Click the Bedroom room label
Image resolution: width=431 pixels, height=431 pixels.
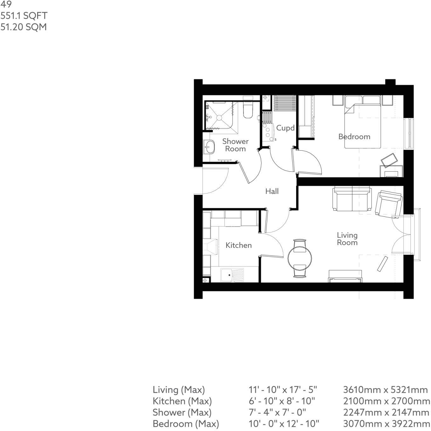tap(354, 136)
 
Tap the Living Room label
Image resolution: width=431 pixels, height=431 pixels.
tap(347, 239)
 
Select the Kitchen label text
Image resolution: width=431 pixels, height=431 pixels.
tap(238, 245)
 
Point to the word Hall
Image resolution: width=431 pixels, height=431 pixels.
tap(272, 191)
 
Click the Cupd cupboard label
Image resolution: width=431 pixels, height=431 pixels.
tap(285, 128)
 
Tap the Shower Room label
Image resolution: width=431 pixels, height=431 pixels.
tap(235, 145)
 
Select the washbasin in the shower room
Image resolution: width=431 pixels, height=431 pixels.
tap(209, 146)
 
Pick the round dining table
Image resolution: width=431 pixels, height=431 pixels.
tap(300, 258)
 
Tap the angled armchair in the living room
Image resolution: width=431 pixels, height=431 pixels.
tap(388, 204)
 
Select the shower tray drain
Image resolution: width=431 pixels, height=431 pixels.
tap(219, 118)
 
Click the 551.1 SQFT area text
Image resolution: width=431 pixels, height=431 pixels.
tap(24, 16)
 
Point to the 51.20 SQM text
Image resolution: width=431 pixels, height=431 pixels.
tap(24, 27)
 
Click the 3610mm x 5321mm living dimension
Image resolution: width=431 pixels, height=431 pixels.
tap(385, 390)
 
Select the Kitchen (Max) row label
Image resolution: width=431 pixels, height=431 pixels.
tap(182, 401)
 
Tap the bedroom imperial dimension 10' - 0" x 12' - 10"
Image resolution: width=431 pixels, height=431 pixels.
tap(284, 424)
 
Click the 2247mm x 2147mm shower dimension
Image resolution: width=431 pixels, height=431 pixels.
tap(386, 412)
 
